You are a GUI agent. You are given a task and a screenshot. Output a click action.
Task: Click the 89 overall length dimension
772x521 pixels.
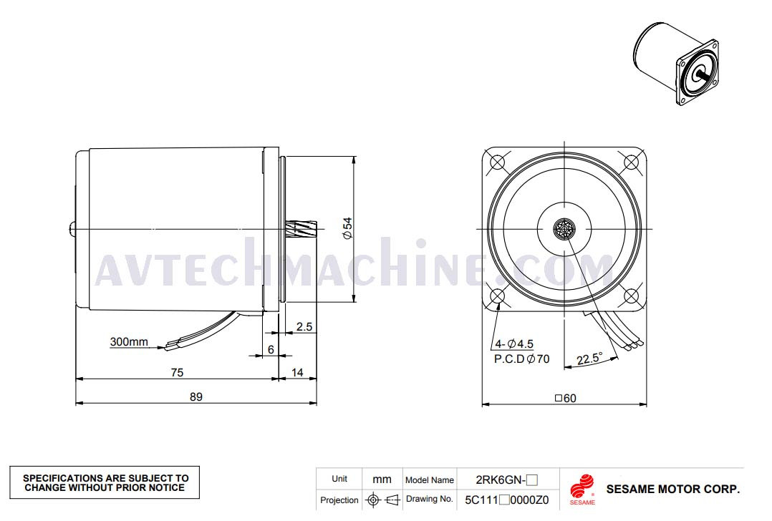click(x=196, y=396)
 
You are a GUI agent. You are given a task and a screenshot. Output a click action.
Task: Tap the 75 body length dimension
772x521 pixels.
click(x=178, y=372)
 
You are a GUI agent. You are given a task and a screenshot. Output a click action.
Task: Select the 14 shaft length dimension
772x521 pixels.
click(x=297, y=372)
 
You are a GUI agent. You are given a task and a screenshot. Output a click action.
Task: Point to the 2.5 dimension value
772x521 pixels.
click(x=304, y=326)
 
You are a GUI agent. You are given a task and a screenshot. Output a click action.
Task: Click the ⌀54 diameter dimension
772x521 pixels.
click(x=347, y=228)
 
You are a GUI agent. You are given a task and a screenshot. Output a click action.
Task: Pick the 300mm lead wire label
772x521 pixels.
click(x=129, y=341)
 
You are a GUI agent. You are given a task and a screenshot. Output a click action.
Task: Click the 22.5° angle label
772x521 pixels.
click(x=590, y=358)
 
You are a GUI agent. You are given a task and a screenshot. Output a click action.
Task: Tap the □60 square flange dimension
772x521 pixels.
click(x=566, y=398)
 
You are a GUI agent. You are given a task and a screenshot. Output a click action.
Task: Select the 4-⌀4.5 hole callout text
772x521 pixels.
click(x=514, y=344)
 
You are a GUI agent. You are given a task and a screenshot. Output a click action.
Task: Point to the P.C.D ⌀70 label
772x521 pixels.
click(x=522, y=359)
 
